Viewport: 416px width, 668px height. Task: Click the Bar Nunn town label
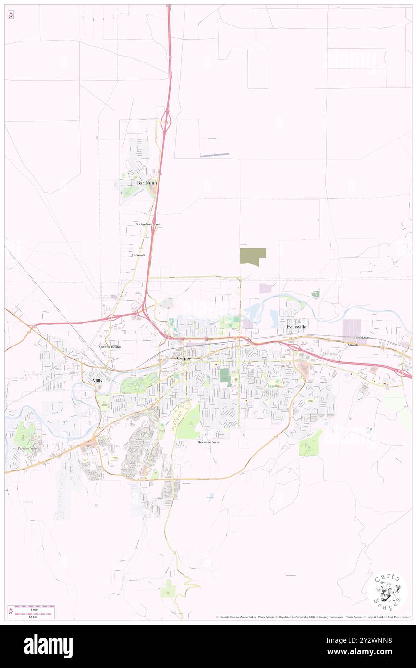tap(147, 183)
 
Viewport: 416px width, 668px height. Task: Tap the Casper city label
tap(184, 359)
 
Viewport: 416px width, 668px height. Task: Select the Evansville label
tap(296, 327)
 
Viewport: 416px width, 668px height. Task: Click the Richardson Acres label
tap(147, 224)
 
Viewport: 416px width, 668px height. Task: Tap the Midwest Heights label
tap(110, 346)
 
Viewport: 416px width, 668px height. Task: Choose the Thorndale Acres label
tap(208, 442)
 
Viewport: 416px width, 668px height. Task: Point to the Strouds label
tap(353, 345)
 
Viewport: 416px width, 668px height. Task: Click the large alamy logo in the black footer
tap(48, 646)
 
